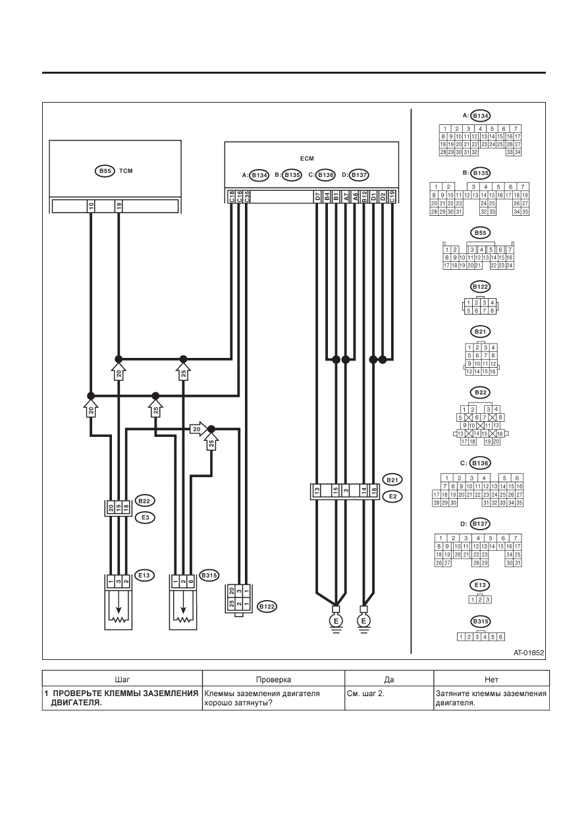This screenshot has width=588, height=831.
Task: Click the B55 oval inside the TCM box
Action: pos(105,171)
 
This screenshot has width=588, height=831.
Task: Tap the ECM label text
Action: pos(307,159)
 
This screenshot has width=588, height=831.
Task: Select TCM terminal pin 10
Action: pos(91,206)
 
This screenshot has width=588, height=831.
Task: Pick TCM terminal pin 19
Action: pos(119,206)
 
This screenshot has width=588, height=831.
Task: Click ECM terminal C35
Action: pos(247,197)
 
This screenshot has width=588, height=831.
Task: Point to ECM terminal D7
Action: pos(317,197)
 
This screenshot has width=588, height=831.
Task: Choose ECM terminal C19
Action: pos(392,197)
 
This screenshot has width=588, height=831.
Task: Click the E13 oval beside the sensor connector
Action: pos(144,576)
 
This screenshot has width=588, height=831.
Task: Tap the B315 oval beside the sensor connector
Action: pos(209,576)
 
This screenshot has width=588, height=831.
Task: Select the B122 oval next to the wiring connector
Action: pos(267,607)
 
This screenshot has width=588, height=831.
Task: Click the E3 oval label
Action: pos(145,518)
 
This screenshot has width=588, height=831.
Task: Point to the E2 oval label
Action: pos(392,496)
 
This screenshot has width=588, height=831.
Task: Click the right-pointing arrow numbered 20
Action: pos(198,429)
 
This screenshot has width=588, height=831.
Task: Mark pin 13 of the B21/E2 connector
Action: pos(317,491)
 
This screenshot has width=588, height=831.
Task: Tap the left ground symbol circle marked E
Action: pos(336,621)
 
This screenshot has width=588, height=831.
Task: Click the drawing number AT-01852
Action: pos(529,653)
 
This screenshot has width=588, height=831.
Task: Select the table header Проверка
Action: pos(273,680)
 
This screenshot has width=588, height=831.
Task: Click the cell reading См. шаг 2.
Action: pos(365,693)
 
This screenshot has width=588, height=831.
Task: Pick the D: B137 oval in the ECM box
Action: pos(359,175)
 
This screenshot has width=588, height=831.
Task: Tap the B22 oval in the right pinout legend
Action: pos(481,393)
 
